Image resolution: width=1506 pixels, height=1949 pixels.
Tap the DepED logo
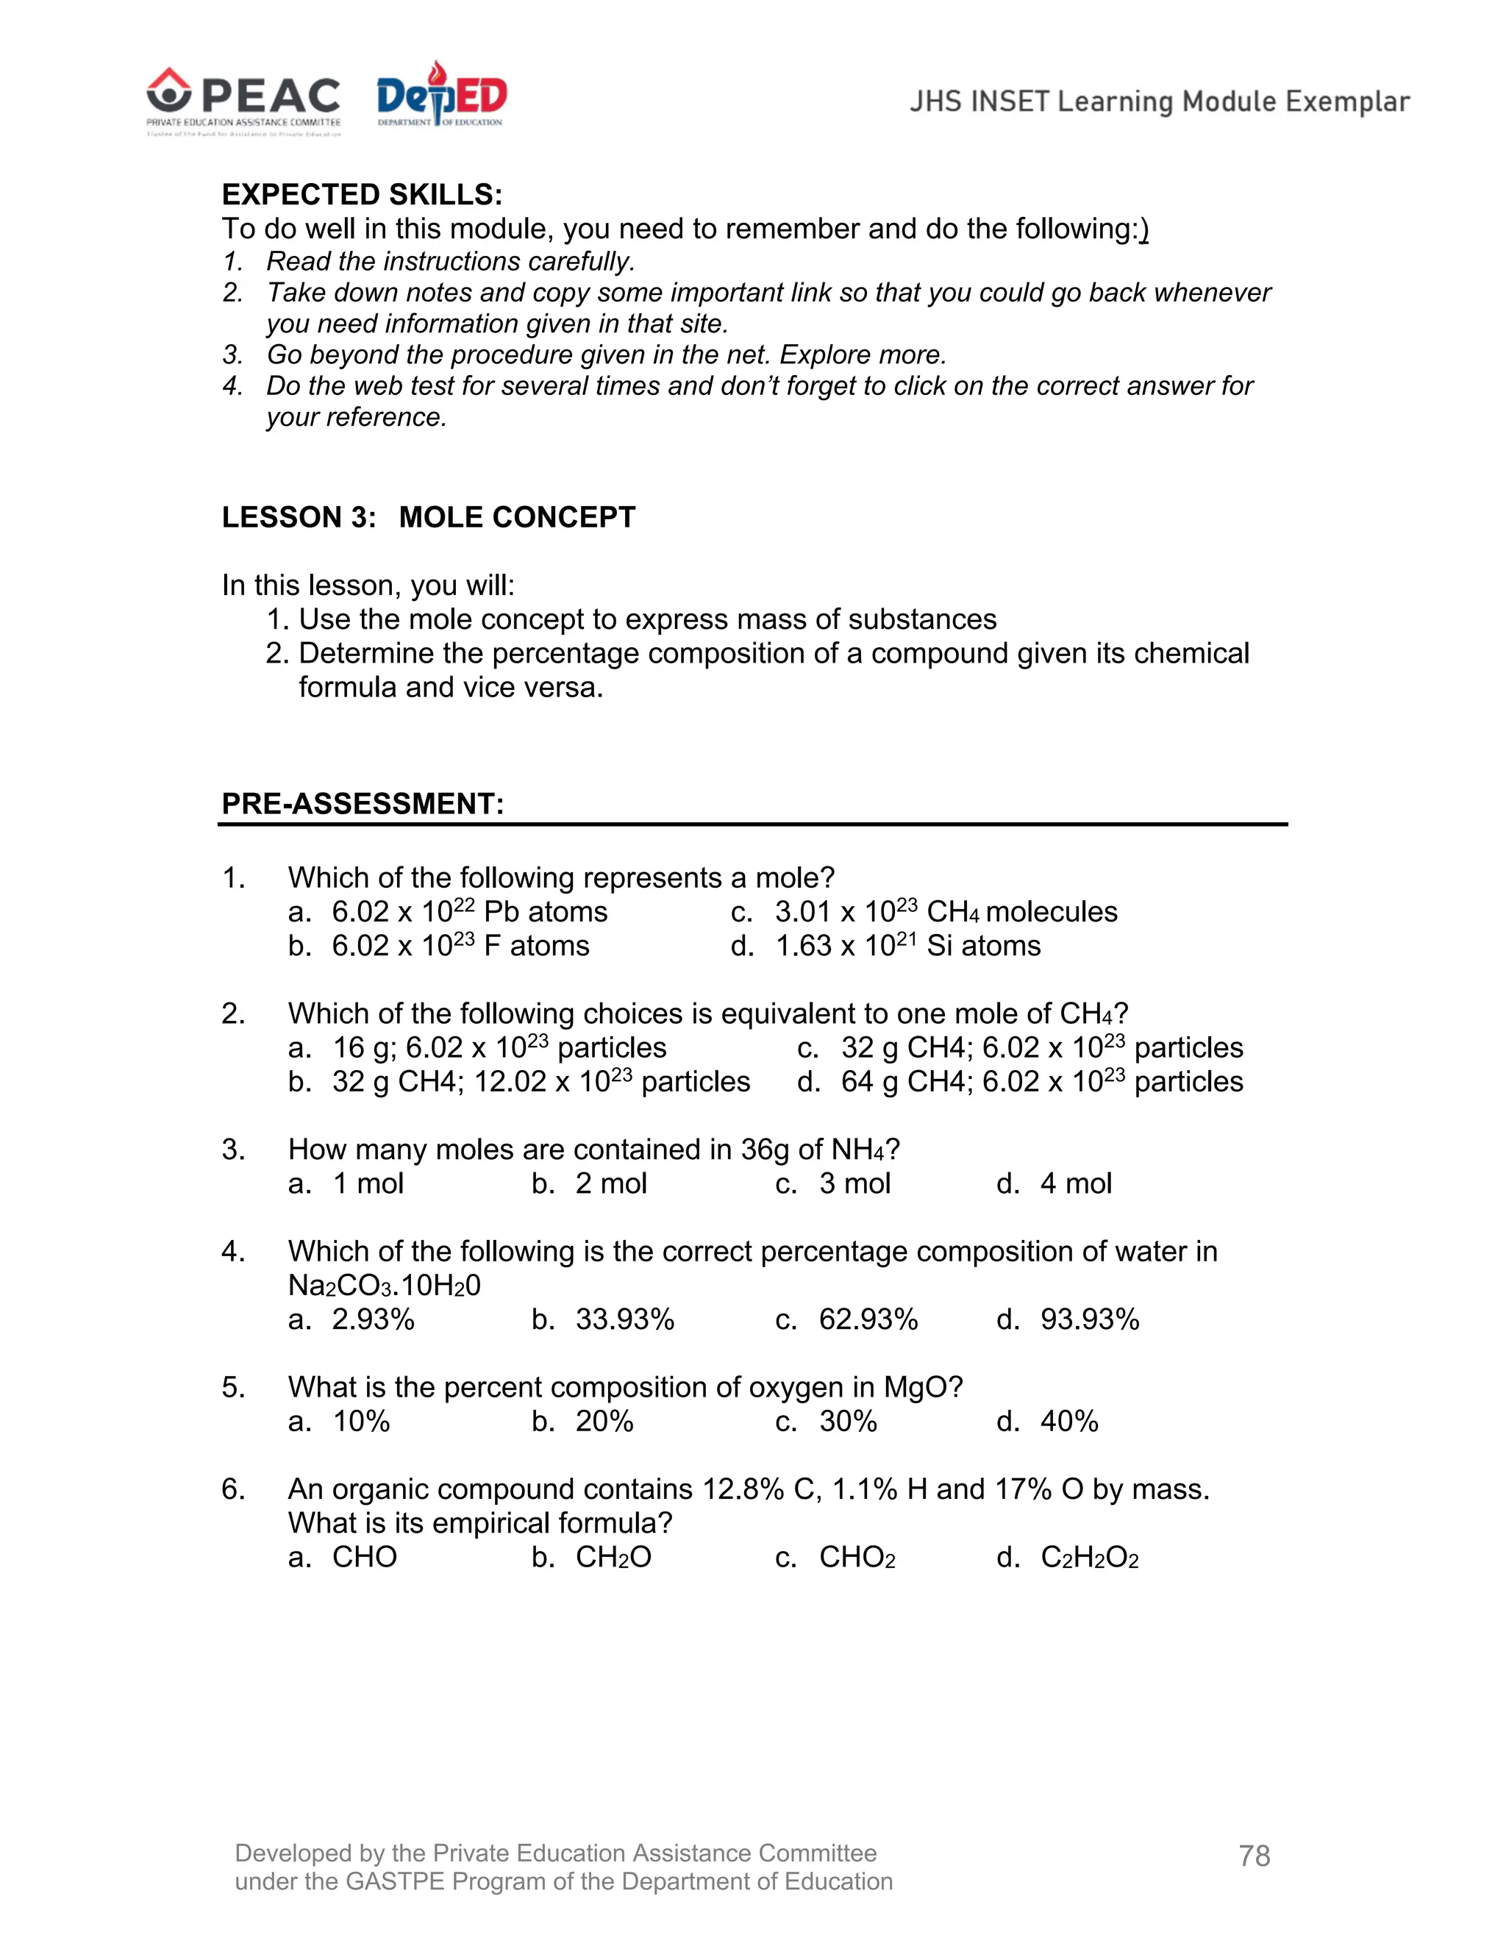[440, 95]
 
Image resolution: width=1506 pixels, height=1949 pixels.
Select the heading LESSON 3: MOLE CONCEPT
[428, 517]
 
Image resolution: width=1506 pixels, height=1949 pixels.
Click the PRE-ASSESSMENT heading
[363, 803]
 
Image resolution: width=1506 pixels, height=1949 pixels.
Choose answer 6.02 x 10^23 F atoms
[460, 945]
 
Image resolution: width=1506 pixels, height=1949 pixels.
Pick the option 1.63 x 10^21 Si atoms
[907, 945]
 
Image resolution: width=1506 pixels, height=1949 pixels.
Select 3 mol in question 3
[854, 1183]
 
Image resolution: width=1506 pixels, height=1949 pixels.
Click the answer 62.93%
[868, 1319]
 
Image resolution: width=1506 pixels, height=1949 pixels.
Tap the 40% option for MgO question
[1068, 1421]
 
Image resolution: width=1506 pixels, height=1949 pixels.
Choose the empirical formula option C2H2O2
[1089, 1557]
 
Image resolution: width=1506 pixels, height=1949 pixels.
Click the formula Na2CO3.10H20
[384, 1285]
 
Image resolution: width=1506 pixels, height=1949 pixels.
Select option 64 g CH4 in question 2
[1041, 1082]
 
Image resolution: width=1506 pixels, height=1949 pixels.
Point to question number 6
[233, 1489]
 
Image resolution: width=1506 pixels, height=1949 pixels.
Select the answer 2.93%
[373, 1319]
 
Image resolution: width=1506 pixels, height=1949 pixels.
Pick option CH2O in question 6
[613, 1557]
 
